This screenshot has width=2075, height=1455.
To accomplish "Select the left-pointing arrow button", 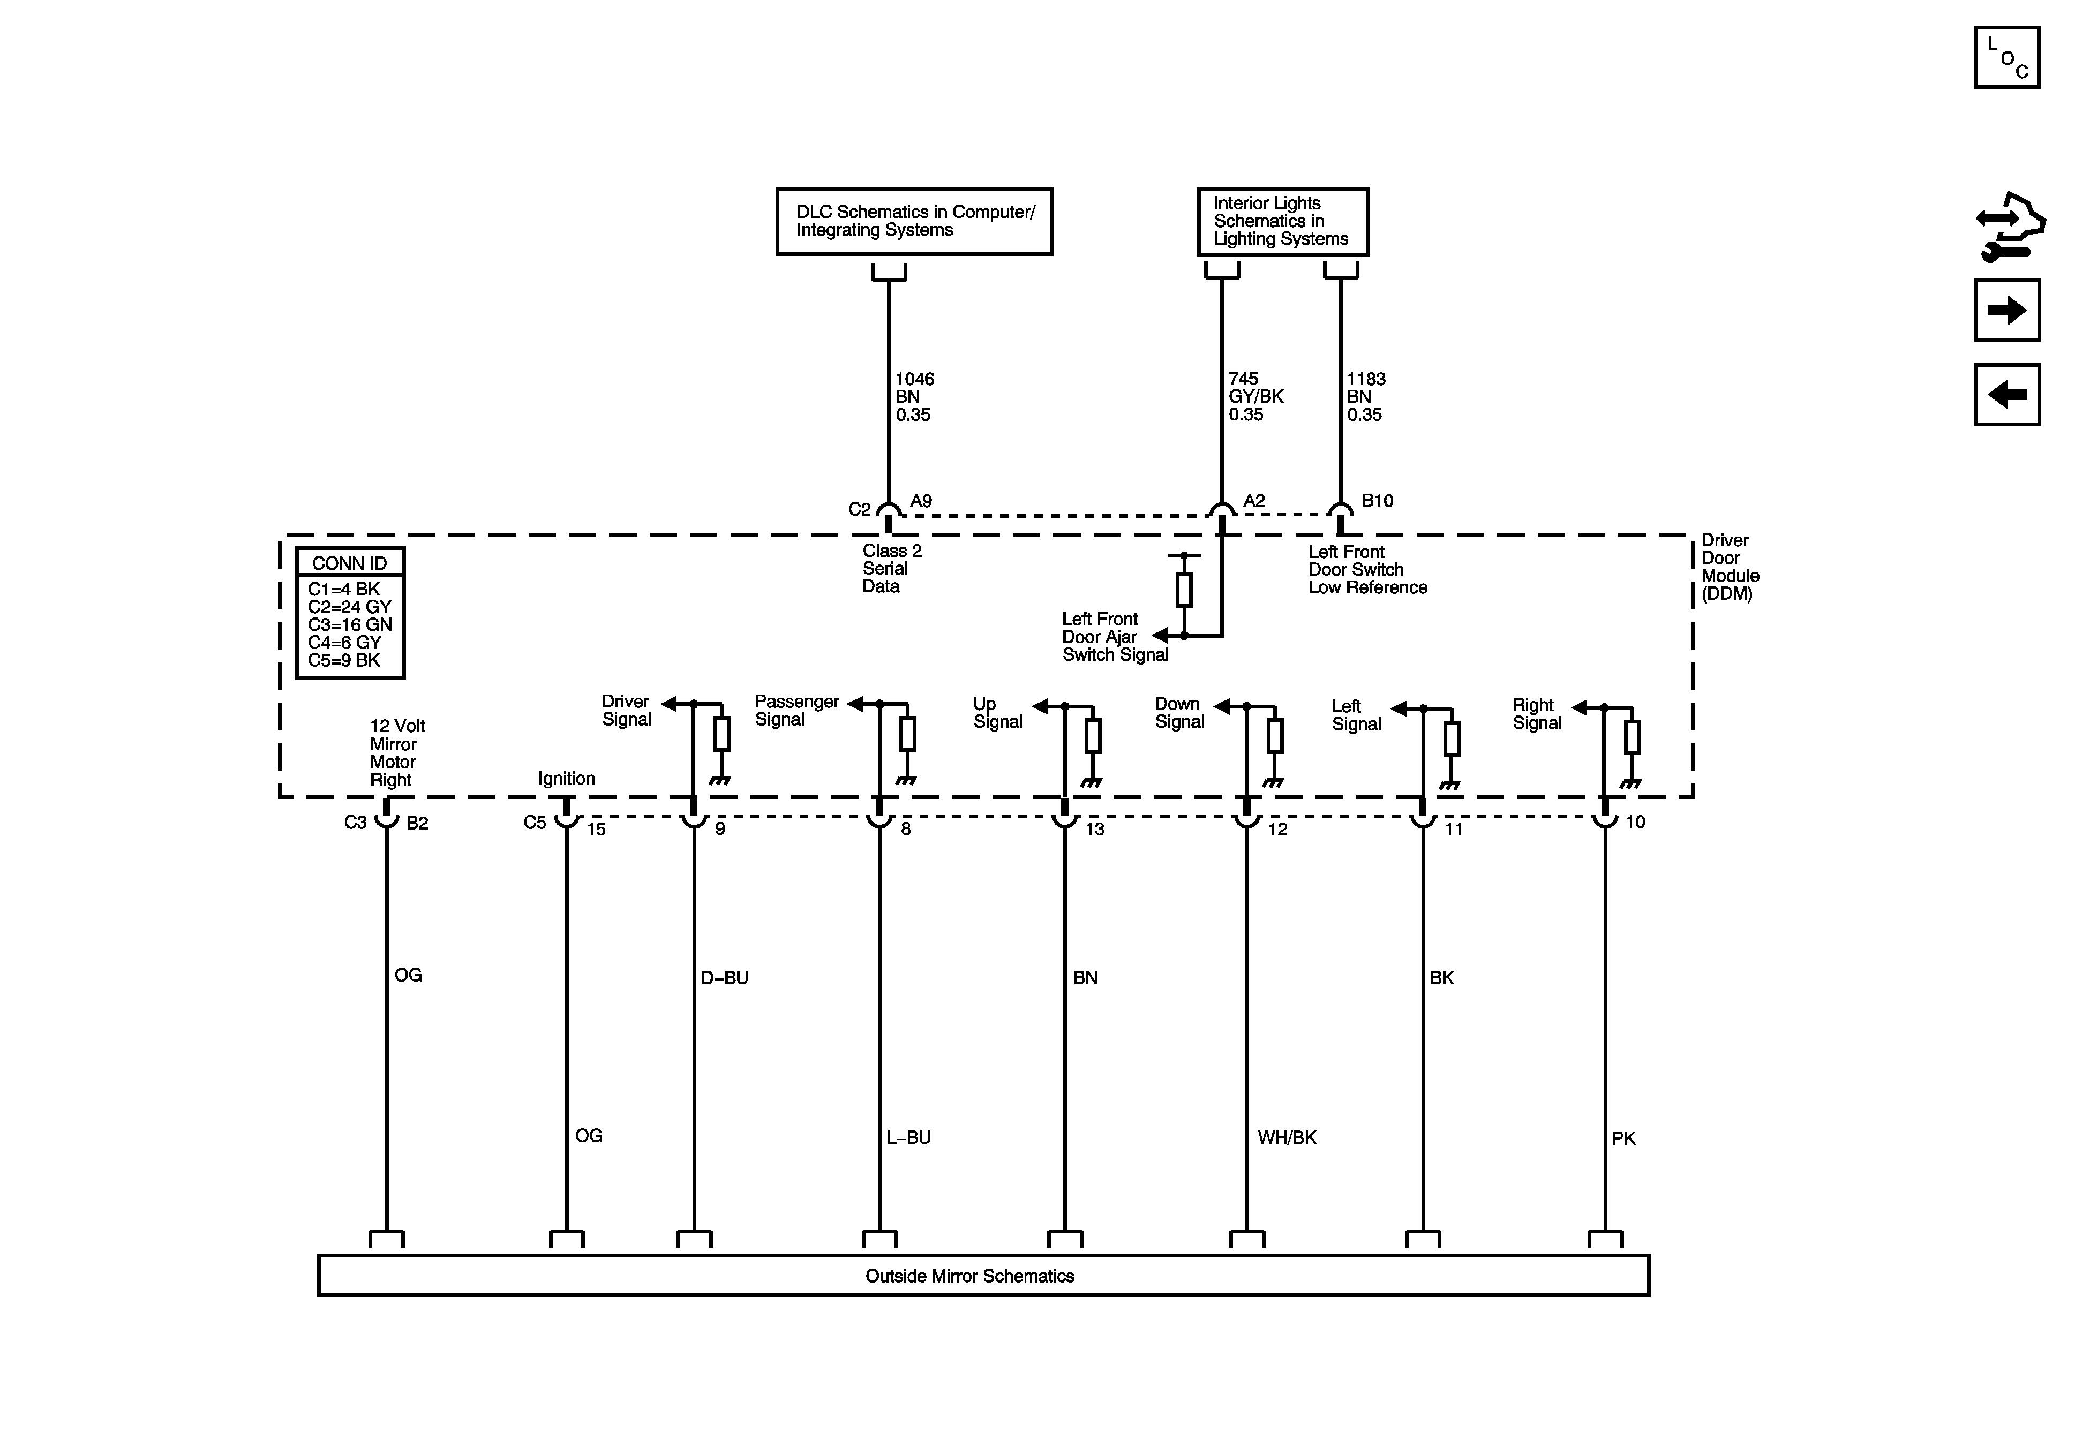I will [2006, 395].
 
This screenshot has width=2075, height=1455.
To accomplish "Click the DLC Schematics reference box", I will [914, 221].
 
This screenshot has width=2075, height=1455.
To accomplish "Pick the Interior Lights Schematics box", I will [1282, 221].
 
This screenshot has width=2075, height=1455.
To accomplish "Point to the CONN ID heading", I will [350, 563].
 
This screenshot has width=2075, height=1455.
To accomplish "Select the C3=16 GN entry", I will [350, 624].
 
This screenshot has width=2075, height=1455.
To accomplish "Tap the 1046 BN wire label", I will [914, 397].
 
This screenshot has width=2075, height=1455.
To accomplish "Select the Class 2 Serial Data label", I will [890, 568].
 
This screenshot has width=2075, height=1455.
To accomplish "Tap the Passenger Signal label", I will [796, 710].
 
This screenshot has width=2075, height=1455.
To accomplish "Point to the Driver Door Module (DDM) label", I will [1730, 567].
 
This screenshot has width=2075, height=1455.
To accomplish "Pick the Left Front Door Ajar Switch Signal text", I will [1114, 637].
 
